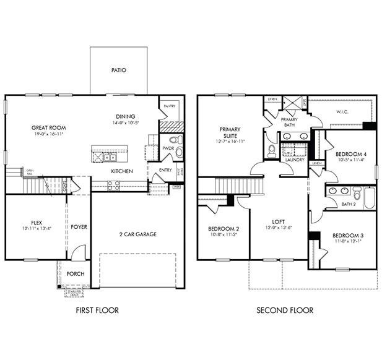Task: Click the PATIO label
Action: pos(118,70)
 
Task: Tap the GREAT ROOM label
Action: pos(48,128)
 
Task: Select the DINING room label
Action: pos(125,116)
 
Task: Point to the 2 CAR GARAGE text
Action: pos(137,234)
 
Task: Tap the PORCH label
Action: pos(76,274)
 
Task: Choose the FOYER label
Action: pos(79,227)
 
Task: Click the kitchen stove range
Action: pos(113,184)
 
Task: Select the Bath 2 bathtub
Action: pos(369,199)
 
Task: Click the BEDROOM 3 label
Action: pos(347,236)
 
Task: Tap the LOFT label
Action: pos(278,221)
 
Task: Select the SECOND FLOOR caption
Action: pos(285,311)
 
